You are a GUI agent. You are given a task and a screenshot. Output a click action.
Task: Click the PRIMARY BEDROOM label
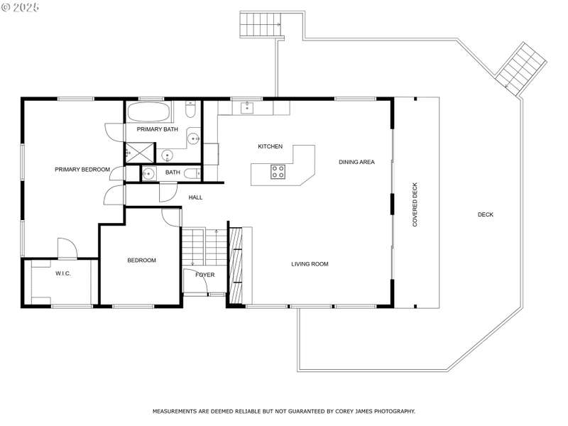pyautogui.click(x=82, y=170)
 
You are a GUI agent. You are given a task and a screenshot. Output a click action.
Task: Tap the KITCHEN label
pyautogui.click(x=271, y=146)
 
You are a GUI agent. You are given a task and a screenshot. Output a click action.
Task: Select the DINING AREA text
pyautogui.click(x=356, y=162)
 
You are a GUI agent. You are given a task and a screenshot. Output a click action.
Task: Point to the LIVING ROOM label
pyautogui.click(x=310, y=264)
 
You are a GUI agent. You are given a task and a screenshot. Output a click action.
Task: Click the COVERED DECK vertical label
pyautogui.click(x=415, y=204)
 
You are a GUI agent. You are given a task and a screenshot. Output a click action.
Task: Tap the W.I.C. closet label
pyautogui.click(x=63, y=273)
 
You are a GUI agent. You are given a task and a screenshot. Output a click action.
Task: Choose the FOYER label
pyautogui.click(x=205, y=275)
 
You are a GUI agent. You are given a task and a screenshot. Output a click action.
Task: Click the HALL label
pyautogui.click(x=196, y=197)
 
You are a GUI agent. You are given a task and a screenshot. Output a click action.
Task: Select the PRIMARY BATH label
pyautogui.click(x=157, y=129)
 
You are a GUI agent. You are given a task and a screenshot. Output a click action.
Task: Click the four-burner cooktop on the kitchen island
pyautogui.click(x=278, y=172)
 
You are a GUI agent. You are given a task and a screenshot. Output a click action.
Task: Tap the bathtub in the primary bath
pyautogui.click(x=149, y=112)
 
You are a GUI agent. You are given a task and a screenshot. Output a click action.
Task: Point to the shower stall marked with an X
pyautogui.click(x=139, y=153)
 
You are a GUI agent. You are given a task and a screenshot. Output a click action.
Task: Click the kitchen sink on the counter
pyautogui.click(x=247, y=108)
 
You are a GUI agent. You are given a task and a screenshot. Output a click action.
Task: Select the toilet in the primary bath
pyautogui.click(x=191, y=109)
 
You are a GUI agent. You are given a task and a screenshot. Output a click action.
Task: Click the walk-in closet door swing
pyautogui.click(x=67, y=248)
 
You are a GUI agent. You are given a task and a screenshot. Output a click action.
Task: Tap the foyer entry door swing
pyautogui.click(x=195, y=280)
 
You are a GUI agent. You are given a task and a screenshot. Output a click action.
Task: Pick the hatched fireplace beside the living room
pyautogui.click(x=236, y=265)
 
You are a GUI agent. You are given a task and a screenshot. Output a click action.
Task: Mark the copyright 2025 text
pyautogui.click(x=20, y=7)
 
